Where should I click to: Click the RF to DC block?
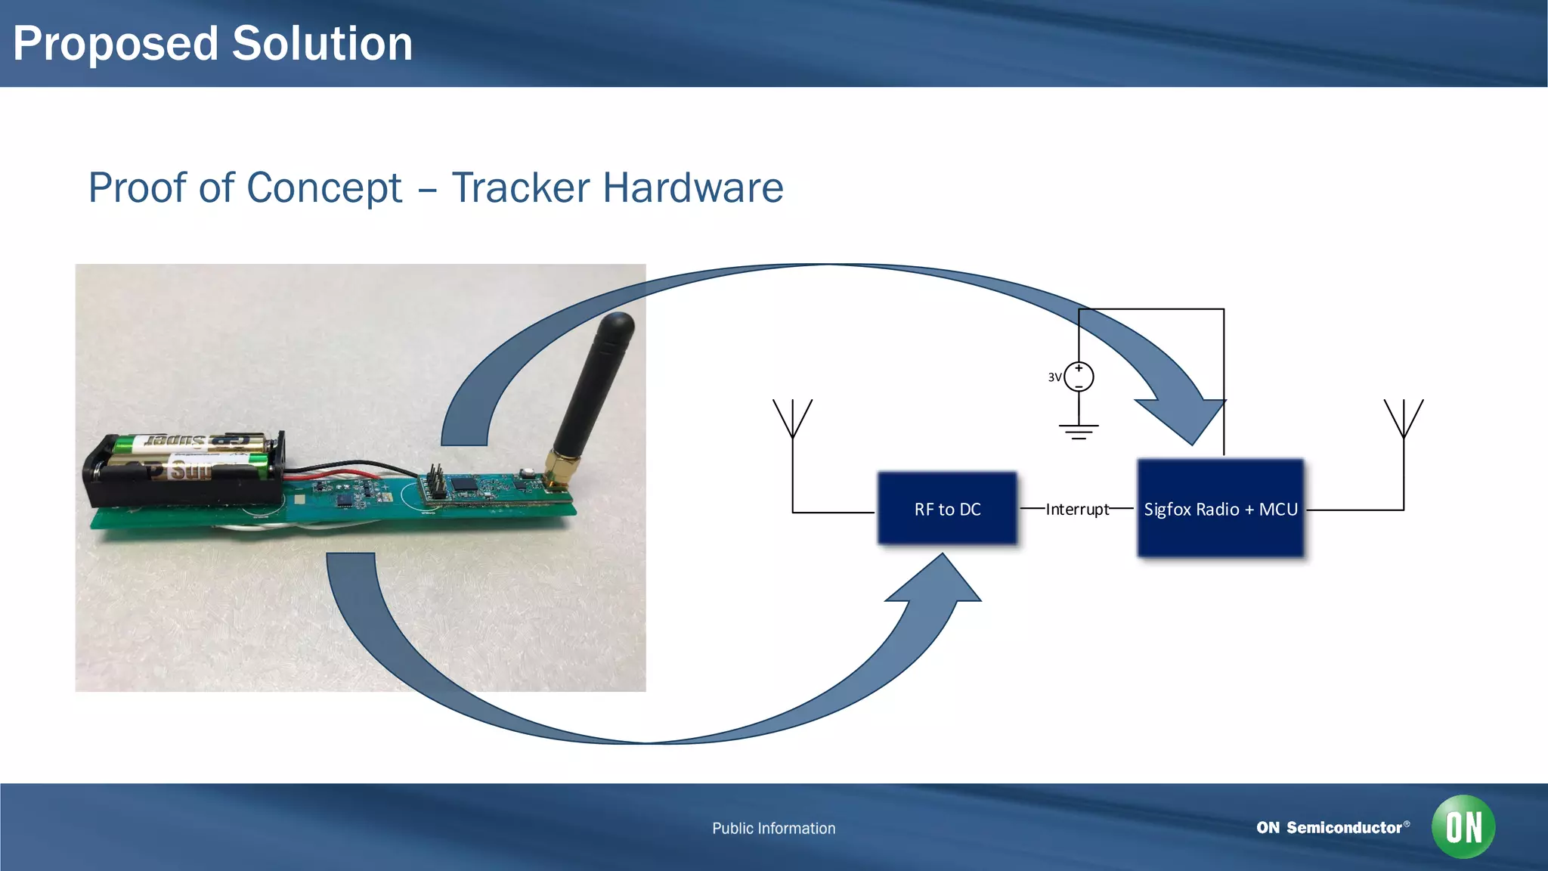tap(947, 509)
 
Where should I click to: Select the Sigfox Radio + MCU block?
tap(1220, 509)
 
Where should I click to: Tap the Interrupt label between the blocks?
tap(1077, 510)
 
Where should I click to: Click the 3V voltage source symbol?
tap(1079, 377)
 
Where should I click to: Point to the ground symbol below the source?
tap(1079, 432)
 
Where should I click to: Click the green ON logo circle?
tap(1463, 826)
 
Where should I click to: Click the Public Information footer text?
tap(773, 828)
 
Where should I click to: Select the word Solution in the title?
tap(322, 44)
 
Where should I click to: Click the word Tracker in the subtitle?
tap(521, 188)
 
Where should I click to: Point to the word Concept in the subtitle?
tap(324, 188)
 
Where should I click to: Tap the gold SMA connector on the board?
tap(560, 468)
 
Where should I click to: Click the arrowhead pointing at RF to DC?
tap(937, 582)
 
